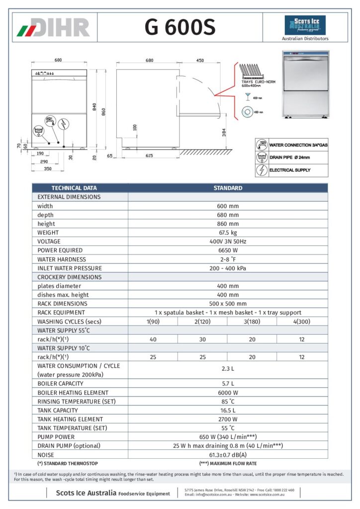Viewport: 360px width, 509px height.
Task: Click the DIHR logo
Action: pyautogui.click(x=54, y=27)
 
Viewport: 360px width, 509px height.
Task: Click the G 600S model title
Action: pyautogui.click(x=180, y=27)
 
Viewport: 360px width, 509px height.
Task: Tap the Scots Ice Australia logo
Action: pyautogui.click(x=305, y=25)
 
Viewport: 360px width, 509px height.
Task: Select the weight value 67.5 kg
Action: pyautogui.click(x=227, y=233)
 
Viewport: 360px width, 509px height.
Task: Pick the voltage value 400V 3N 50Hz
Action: pyautogui.click(x=227, y=242)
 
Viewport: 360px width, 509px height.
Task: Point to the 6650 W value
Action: pyautogui.click(x=227, y=251)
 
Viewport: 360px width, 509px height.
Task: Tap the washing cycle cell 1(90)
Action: pyautogui.click(x=153, y=322)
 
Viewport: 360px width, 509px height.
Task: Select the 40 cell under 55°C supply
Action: pyautogui.click(x=153, y=339)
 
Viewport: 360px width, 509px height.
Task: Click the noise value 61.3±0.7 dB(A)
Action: pyautogui.click(x=227, y=455)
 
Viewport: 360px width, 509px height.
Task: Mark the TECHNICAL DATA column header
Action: pyautogui.click(x=74, y=188)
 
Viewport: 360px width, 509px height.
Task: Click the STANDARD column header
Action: pyautogui.click(x=228, y=188)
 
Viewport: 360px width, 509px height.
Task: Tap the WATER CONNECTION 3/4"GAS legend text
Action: pyautogui.click(x=298, y=145)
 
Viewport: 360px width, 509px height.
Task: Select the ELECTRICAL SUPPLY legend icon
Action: pyautogui.click(x=262, y=170)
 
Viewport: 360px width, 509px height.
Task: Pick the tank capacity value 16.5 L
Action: pyautogui.click(x=227, y=411)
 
